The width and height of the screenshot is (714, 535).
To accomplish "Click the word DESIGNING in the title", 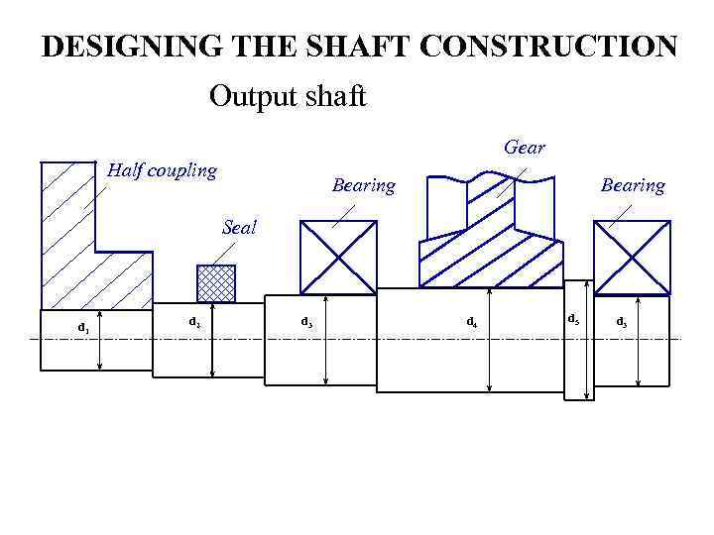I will [x=117, y=47].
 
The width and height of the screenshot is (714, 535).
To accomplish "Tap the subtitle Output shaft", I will [x=288, y=97].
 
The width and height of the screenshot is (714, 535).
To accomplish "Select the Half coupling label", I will [x=162, y=170].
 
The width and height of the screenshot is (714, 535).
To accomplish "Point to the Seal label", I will [x=239, y=227].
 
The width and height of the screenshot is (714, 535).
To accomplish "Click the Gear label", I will [x=524, y=148].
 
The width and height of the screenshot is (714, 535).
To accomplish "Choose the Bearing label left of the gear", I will [x=363, y=185].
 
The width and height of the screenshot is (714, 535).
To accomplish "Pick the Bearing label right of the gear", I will [x=633, y=185].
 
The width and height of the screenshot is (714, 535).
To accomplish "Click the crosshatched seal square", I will [x=216, y=282].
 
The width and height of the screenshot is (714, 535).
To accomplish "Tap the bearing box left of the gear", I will [x=338, y=258].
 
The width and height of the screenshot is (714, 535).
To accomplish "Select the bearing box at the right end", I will [x=632, y=258].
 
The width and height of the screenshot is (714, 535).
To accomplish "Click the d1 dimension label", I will [x=83, y=328].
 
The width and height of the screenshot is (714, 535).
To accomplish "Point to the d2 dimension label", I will [x=195, y=322].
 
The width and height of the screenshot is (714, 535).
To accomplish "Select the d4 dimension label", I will [x=472, y=322].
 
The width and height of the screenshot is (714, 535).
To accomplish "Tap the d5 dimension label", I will [x=573, y=319].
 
